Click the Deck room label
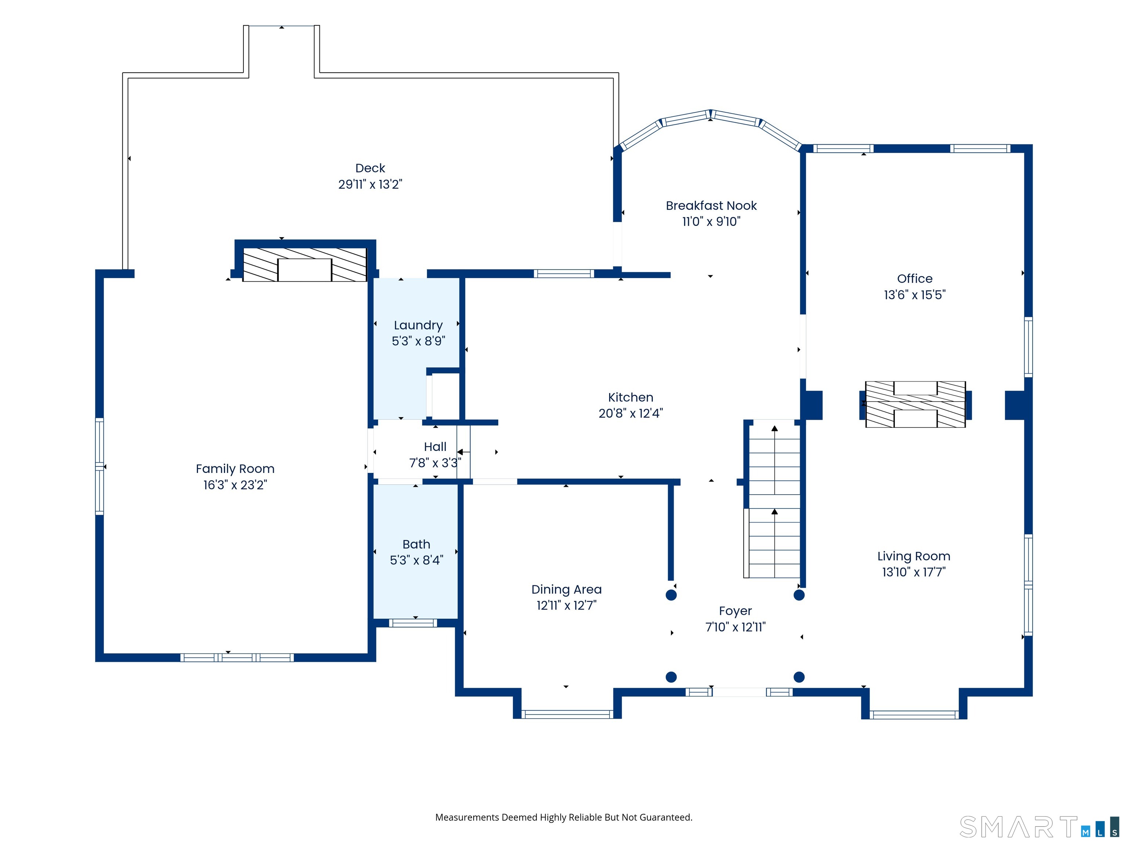[x=370, y=168]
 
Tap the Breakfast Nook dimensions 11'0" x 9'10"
[x=711, y=221]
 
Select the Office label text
[x=915, y=278]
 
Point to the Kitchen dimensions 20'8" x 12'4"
[x=631, y=413]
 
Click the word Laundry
[x=418, y=325]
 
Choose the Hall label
[x=435, y=447]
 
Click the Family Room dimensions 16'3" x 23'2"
[x=235, y=484]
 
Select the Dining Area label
[x=567, y=589]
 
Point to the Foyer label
[x=735, y=611]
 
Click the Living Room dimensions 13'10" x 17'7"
[x=914, y=572]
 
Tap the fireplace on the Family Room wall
[x=304, y=264]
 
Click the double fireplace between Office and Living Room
[x=915, y=404]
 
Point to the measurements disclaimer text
[x=564, y=817]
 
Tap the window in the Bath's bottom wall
[x=413, y=623]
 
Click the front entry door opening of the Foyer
[x=739, y=692]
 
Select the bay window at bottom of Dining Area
[x=567, y=715]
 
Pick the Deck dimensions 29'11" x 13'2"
[x=370, y=184]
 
